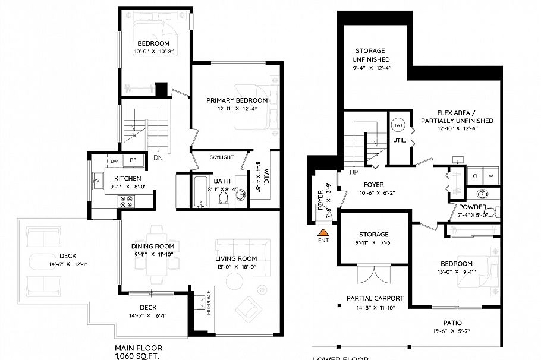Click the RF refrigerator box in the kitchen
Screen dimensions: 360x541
click(x=133, y=160)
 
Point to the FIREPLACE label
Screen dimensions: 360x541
click(x=209, y=302)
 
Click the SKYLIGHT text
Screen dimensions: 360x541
click(x=221, y=157)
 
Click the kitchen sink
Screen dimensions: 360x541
click(x=97, y=178)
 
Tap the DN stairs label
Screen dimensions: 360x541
click(x=158, y=158)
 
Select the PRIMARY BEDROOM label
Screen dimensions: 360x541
click(x=237, y=100)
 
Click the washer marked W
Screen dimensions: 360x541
click(x=491, y=176)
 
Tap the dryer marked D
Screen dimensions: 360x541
click(x=474, y=176)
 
